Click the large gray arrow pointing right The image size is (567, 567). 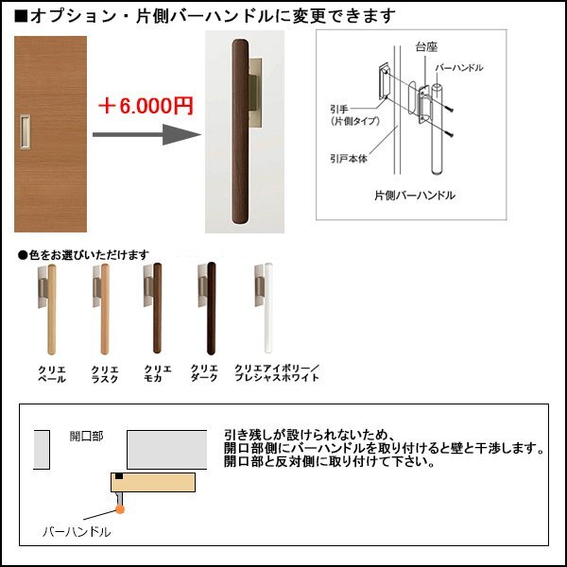coord(146,134)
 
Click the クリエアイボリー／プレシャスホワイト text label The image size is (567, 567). coord(276,372)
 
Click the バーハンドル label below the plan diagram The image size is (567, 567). coord(77,532)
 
